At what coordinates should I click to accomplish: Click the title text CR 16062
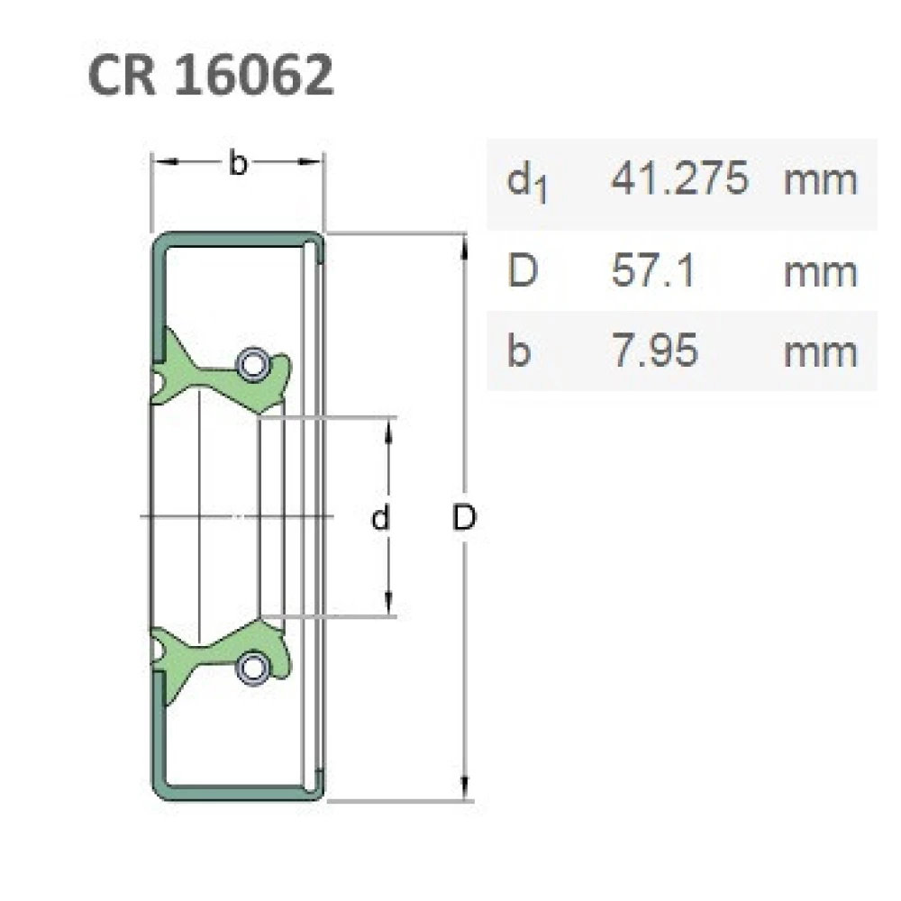pos(211,76)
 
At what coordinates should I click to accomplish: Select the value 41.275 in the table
pos(679,179)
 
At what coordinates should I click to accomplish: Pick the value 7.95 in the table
pos(654,350)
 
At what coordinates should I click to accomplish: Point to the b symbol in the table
pos(518,350)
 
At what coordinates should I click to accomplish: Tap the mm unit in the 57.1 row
pos(820,271)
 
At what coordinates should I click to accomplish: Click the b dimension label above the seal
pos(236,163)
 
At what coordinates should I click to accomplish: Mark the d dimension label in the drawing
pos(382,518)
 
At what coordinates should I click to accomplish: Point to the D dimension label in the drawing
pos(464,518)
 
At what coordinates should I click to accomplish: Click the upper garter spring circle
pos(250,363)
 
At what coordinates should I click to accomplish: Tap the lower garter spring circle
pos(250,668)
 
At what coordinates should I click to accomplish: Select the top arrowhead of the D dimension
pos(464,245)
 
